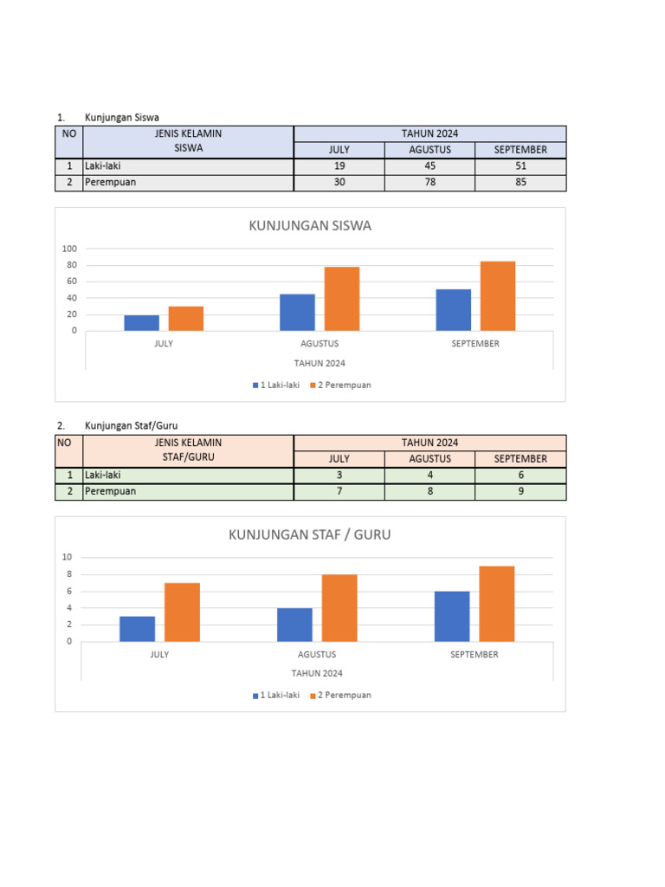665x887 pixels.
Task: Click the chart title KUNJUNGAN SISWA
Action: [310, 226]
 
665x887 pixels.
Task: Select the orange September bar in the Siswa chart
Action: [498, 295]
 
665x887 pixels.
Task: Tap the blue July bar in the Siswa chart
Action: [142, 322]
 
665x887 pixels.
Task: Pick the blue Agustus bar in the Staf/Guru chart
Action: [294, 625]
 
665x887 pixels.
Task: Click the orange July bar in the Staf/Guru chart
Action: [182, 612]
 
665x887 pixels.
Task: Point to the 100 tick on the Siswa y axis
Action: [69, 249]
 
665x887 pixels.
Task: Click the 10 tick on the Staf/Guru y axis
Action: [67, 557]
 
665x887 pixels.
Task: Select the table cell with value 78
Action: [429, 183]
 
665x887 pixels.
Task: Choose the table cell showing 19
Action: [339, 165]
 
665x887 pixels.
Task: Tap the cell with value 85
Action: [520, 183]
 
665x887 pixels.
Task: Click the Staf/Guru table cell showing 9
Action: [520, 492]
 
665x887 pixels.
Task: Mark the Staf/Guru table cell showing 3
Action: [339, 475]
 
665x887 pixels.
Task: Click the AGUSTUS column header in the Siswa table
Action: [429, 150]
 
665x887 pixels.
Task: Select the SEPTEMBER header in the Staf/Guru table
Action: [520, 458]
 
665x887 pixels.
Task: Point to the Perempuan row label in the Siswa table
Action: [110, 183]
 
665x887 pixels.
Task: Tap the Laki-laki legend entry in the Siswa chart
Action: [275, 385]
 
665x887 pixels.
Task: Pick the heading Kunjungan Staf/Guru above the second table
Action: [131, 425]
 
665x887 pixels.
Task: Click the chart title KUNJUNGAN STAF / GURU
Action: [310, 534]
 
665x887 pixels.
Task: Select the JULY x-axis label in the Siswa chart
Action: [164, 344]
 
